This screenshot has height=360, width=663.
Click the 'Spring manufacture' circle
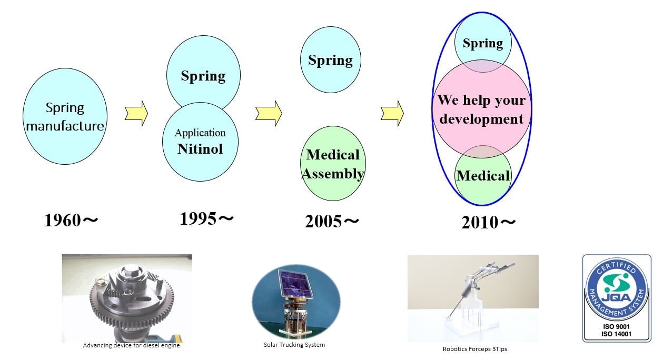coord(65,116)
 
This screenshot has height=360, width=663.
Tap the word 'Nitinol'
coord(200,149)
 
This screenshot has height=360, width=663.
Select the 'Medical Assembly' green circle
coord(333,164)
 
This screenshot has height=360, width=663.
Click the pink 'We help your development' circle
coord(481,109)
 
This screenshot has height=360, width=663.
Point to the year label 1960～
coord(71,221)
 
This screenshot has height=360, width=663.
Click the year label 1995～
coord(206,219)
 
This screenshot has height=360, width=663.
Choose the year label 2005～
coord(332,221)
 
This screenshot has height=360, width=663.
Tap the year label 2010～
coord(488,223)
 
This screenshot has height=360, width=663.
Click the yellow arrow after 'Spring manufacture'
coord(136,113)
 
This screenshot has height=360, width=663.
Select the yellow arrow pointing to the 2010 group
coord(392,113)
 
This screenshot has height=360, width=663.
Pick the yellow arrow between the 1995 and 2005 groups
coord(269,113)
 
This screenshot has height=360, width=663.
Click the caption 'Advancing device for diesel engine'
coord(131,345)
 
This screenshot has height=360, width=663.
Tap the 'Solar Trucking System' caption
coord(294,345)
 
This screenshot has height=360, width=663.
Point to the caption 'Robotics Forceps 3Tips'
coord(475,349)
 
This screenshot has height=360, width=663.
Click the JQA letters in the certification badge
coord(617,297)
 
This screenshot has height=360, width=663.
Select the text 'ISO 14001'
coord(616,334)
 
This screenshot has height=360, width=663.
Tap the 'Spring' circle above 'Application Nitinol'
coord(203,74)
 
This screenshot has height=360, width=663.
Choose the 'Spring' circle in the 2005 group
coord(331,60)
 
